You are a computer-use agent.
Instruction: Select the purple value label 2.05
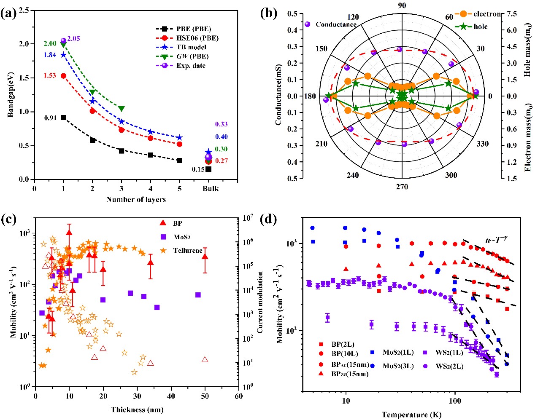(x=73, y=39)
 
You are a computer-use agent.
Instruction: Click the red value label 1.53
(x=49, y=76)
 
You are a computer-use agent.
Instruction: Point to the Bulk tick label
(x=210, y=189)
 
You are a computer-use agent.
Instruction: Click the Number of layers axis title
(x=136, y=199)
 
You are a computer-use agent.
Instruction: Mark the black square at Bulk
(x=208, y=169)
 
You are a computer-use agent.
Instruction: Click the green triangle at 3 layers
(x=122, y=109)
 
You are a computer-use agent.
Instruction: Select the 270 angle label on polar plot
(x=402, y=187)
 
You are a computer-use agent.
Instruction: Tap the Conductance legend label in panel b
(x=336, y=24)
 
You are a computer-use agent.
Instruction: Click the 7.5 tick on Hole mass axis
(x=511, y=14)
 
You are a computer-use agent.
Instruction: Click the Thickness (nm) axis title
(x=137, y=409)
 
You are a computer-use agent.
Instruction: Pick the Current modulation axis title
(x=260, y=302)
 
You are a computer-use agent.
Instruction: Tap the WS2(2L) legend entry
(x=449, y=366)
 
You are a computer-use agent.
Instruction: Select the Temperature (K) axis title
(x=411, y=415)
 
